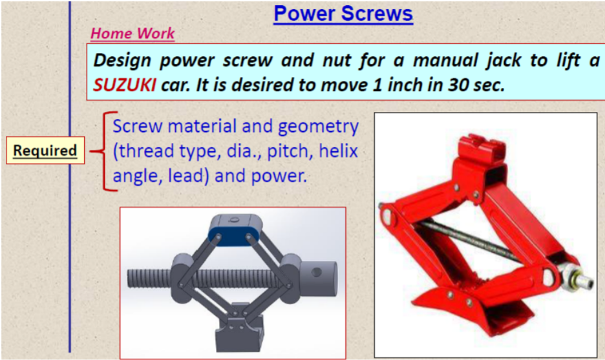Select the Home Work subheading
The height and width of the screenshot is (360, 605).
[133, 34]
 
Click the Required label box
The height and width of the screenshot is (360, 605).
[45, 151]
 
